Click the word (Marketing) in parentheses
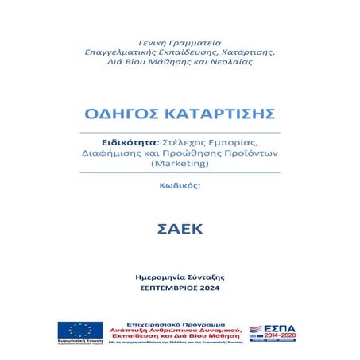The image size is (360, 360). pyautogui.click(x=179, y=163)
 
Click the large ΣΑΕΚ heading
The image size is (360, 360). pyautogui.click(x=180, y=230)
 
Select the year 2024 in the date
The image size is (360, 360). pyautogui.click(x=211, y=288)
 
